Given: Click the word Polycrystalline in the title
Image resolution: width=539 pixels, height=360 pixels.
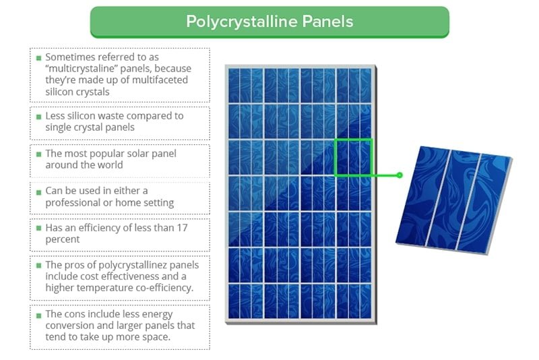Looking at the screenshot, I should [x=239, y=22].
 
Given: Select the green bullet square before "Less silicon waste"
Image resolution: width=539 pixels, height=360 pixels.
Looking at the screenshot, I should [x=38, y=117].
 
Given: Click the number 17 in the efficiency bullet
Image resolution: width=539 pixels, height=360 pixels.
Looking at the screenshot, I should [x=181, y=228].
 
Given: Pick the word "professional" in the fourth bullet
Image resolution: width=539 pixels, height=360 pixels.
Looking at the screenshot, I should [x=73, y=202].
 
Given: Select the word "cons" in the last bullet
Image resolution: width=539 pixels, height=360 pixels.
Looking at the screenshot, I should [x=77, y=314].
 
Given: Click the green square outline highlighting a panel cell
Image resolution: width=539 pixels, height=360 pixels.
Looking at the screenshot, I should [x=353, y=158].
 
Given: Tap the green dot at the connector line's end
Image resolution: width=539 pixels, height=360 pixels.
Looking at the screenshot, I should [x=400, y=175].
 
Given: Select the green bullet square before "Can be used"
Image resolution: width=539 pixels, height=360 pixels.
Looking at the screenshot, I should [x=38, y=191].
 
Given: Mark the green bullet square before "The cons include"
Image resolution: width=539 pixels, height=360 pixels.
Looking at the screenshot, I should [x=38, y=315].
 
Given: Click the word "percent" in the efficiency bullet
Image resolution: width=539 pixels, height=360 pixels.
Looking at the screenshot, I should [x=63, y=239].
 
